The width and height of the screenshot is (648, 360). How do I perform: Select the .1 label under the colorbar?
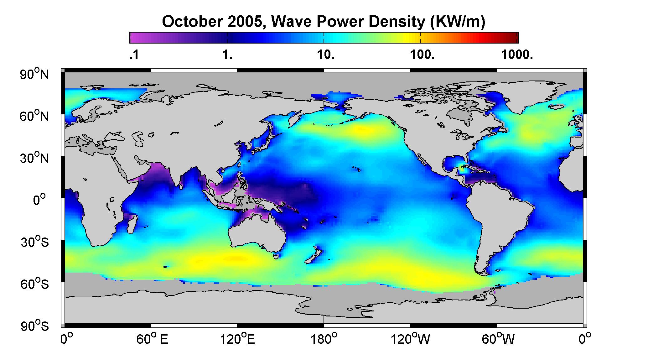(x=134, y=55)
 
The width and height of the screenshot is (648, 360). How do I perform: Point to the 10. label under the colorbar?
(x=325, y=55)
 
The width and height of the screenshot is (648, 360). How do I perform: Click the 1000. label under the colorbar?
(x=517, y=55)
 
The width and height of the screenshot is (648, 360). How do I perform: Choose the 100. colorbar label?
(x=422, y=55)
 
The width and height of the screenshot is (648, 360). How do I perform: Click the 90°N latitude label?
(x=34, y=74)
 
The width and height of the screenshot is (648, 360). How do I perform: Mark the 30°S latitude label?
(x=34, y=242)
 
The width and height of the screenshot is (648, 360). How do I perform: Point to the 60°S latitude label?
(x=34, y=284)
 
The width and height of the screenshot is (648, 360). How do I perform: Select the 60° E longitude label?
(x=152, y=339)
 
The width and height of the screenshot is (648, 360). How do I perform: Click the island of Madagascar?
(x=132, y=223)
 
